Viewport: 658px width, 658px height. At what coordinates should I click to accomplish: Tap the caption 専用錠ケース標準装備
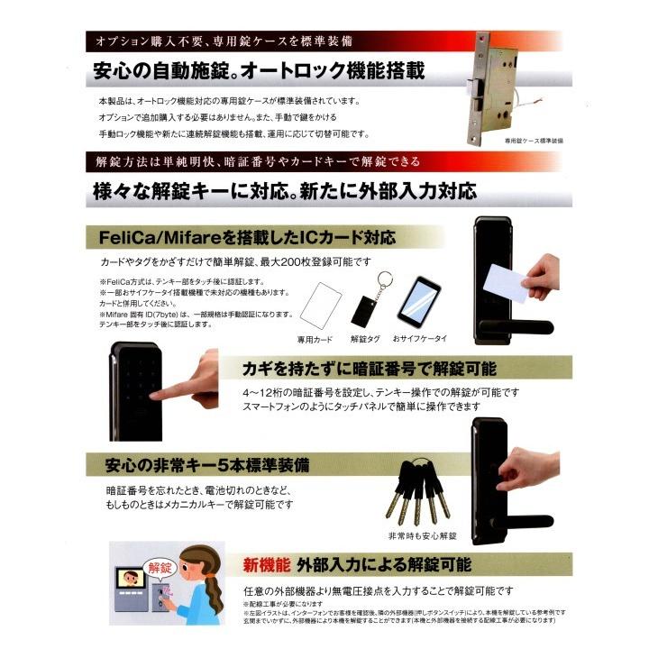533,142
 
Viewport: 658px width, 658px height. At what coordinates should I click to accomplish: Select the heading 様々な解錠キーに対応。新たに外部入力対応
284,192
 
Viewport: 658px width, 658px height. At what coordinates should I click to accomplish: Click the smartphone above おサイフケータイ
418,304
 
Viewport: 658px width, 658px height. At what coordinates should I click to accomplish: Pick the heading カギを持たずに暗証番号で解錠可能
370,369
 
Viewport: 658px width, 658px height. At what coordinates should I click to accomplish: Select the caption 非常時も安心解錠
423,536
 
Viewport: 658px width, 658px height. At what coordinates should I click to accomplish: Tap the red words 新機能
265,566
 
